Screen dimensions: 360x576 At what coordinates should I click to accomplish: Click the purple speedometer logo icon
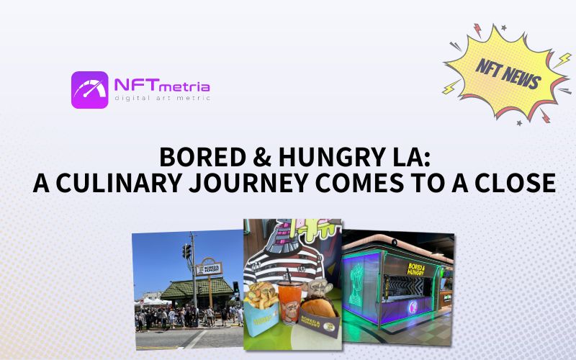click(x=89, y=89)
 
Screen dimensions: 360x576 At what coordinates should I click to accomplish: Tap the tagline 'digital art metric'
click(x=162, y=99)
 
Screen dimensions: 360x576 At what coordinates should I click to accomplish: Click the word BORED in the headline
click(x=196, y=156)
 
